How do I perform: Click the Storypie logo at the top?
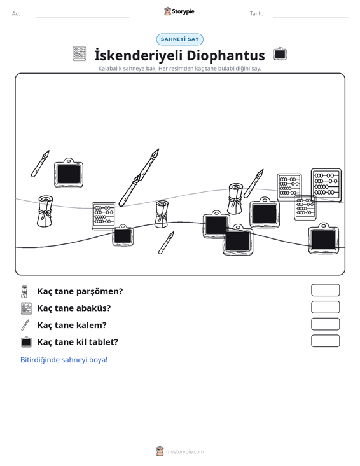(x=179, y=11)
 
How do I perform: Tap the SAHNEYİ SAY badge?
(x=180, y=39)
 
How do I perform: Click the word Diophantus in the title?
(x=226, y=55)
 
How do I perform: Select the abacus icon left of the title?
(x=80, y=54)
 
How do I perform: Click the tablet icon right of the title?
(x=280, y=54)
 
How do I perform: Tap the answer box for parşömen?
(x=325, y=290)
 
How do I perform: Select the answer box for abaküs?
(x=325, y=307)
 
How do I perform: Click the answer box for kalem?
(x=325, y=324)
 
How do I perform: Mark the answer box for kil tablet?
(x=325, y=341)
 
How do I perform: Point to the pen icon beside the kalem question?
(x=25, y=325)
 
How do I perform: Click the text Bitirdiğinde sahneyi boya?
(x=64, y=360)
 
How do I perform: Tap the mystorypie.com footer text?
(x=185, y=452)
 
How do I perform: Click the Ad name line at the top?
(x=83, y=17)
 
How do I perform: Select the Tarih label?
(x=256, y=14)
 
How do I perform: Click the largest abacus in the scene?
(x=326, y=185)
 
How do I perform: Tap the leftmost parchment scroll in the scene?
(x=45, y=211)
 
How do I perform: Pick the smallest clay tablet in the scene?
(x=123, y=235)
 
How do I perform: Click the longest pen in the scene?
(x=139, y=177)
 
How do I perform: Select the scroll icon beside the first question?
(x=24, y=292)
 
